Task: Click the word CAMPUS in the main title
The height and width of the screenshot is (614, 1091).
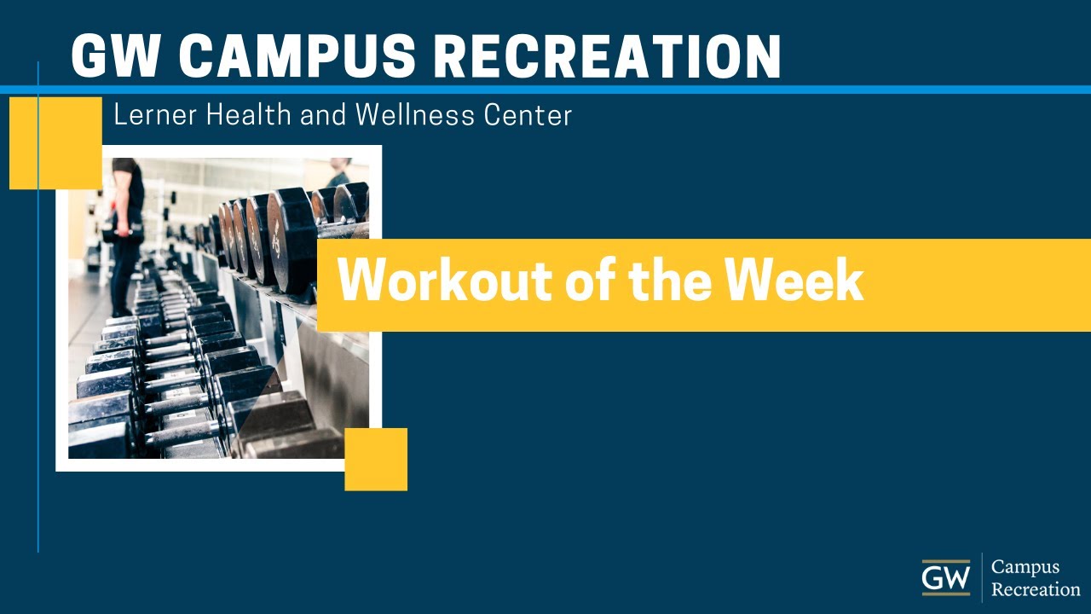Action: click(297, 56)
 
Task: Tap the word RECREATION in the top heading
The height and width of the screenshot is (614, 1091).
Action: click(607, 56)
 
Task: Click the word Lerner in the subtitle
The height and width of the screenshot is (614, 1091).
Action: click(149, 115)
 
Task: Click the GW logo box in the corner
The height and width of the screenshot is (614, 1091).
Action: click(945, 577)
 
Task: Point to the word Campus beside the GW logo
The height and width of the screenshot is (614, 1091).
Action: click(1025, 568)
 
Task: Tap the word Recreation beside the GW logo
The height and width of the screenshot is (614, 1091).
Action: click(1036, 588)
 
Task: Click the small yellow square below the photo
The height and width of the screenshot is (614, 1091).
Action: click(376, 459)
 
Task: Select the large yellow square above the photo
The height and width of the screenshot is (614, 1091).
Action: click(55, 142)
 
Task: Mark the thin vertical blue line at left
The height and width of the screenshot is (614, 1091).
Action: click(38, 341)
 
